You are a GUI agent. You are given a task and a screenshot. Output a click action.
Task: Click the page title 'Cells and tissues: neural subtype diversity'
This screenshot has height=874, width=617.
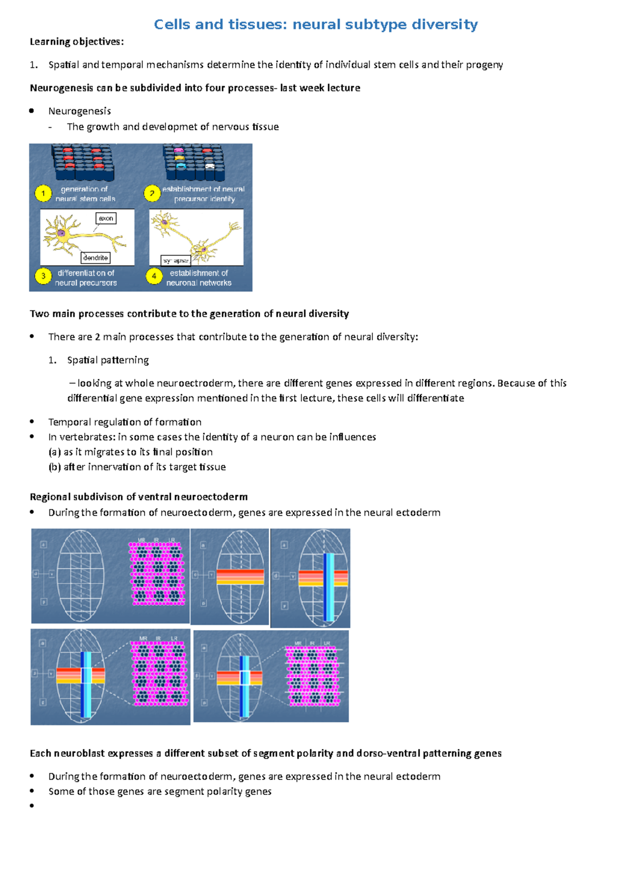(x=316, y=24)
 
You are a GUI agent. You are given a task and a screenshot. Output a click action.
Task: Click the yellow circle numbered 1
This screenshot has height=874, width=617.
(x=43, y=194)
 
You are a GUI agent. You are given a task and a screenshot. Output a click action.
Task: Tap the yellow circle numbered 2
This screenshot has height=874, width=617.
(x=152, y=194)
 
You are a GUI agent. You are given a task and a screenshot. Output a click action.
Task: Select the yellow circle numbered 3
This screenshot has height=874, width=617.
(x=43, y=276)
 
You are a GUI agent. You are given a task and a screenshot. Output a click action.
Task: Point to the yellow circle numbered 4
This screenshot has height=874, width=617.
(x=154, y=276)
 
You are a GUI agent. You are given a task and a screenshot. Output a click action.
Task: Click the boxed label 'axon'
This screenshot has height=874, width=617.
(x=106, y=218)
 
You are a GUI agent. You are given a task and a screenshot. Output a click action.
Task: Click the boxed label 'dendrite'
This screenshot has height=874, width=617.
(x=96, y=257)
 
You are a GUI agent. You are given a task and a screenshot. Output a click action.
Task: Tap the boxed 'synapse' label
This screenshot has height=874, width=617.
(x=175, y=260)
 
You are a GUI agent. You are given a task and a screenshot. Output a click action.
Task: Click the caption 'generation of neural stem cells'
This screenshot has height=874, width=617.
(x=85, y=194)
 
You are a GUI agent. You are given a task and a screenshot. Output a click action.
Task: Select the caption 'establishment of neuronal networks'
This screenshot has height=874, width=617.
(x=198, y=278)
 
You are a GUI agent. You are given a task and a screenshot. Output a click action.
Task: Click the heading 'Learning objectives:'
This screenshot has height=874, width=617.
(x=77, y=42)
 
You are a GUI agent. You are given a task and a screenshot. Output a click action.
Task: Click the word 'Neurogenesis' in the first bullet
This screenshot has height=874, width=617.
(x=80, y=111)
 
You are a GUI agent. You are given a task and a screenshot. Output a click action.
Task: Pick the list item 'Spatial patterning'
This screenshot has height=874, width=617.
(x=108, y=360)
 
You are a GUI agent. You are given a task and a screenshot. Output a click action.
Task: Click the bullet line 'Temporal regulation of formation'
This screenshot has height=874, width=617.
(x=125, y=422)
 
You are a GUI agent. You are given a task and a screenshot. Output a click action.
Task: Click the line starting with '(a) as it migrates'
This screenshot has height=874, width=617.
(x=131, y=452)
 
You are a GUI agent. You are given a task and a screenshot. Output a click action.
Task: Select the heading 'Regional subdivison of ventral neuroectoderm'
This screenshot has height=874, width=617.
(x=139, y=497)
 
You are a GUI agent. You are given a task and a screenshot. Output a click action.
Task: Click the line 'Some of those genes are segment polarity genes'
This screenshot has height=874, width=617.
(x=160, y=791)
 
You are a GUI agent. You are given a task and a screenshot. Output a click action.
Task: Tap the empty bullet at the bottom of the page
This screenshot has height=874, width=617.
(x=32, y=806)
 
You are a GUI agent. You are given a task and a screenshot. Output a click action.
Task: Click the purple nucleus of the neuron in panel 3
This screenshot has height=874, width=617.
(x=61, y=233)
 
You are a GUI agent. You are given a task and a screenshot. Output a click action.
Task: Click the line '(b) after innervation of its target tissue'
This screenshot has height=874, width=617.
(x=137, y=467)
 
